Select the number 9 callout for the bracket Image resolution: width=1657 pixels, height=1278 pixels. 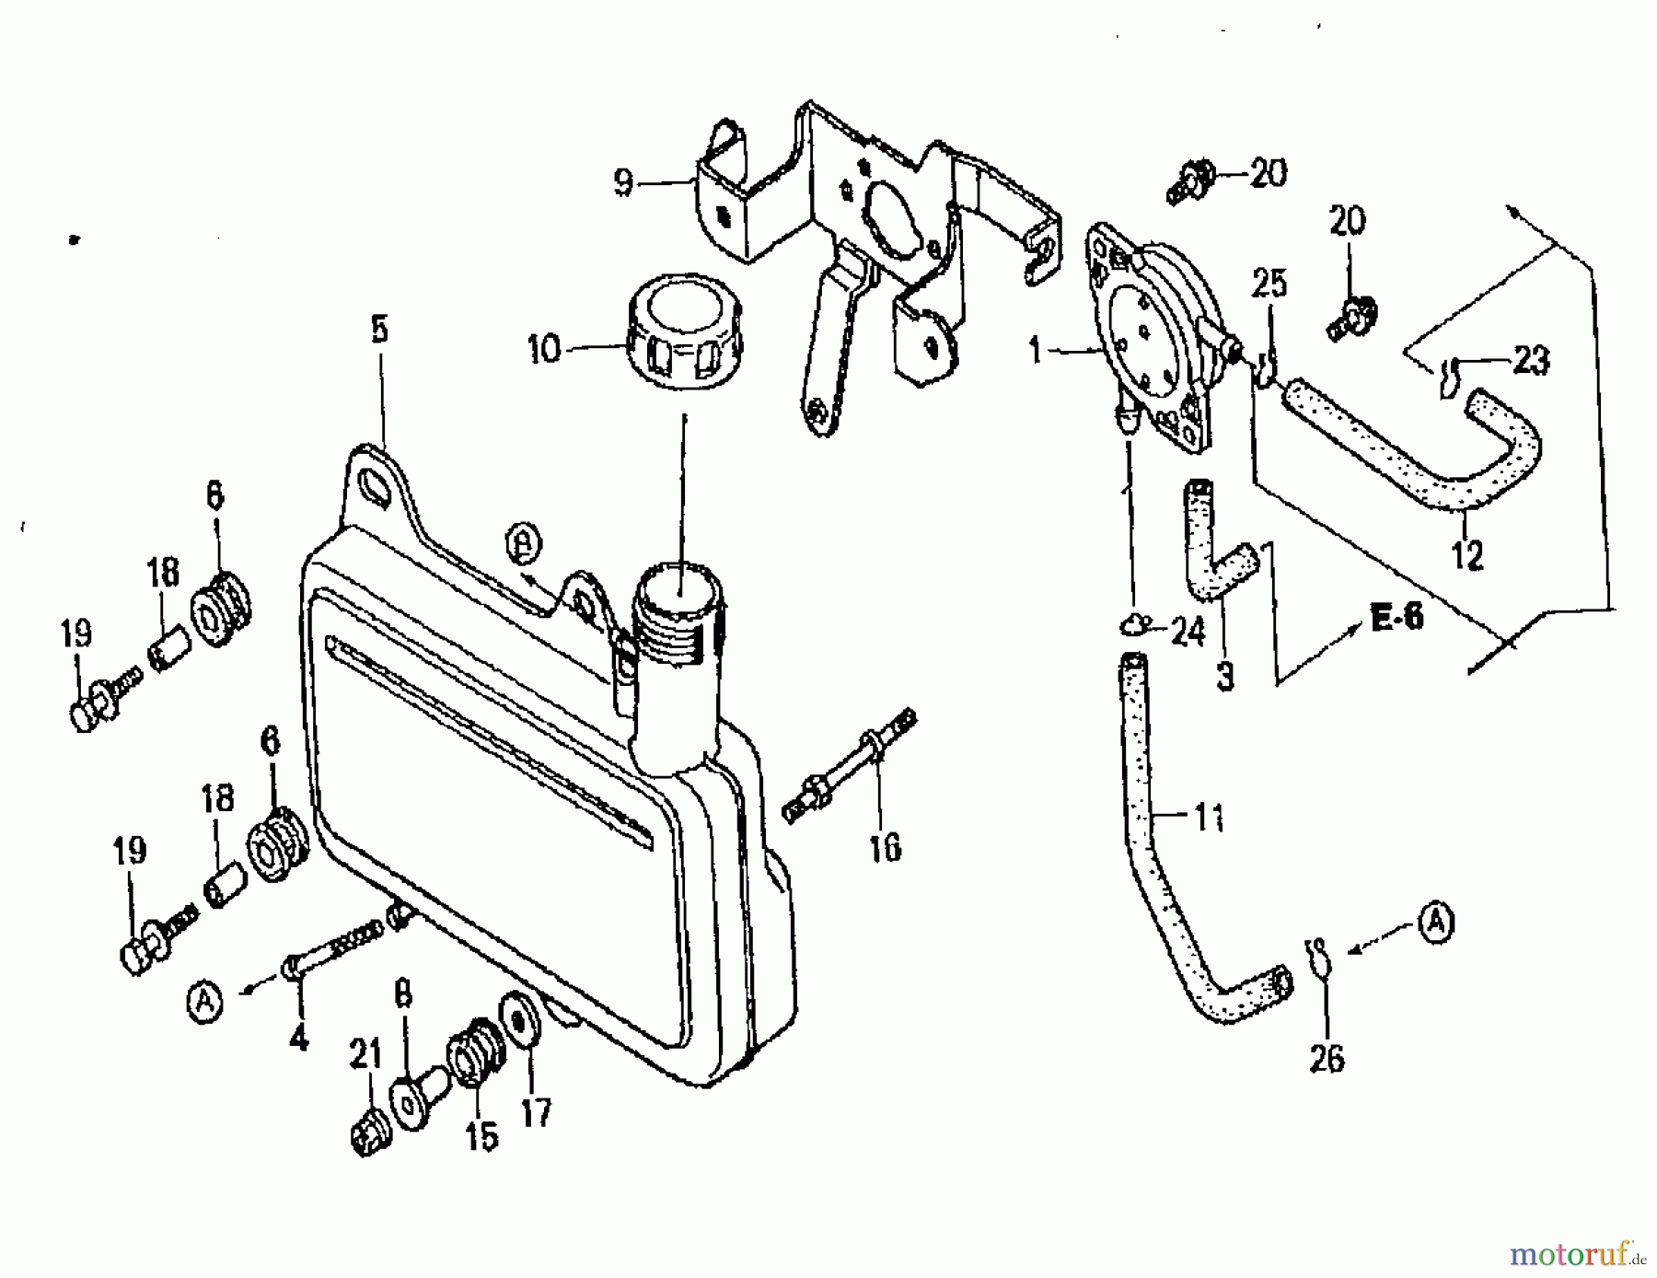click(x=623, y=183)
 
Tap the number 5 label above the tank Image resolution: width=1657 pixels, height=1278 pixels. click(x=380, y=330)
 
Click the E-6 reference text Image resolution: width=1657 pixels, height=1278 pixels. click(x=1396, y=618)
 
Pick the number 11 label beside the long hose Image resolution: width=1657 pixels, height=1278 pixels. click(x=1209, y=817)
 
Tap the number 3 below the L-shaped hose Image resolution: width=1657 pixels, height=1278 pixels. click(x=1224, y=677)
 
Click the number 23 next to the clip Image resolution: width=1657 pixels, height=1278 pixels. click(x=1530, y=361)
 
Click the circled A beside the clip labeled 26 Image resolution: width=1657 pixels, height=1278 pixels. click(x=1436, y=923)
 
